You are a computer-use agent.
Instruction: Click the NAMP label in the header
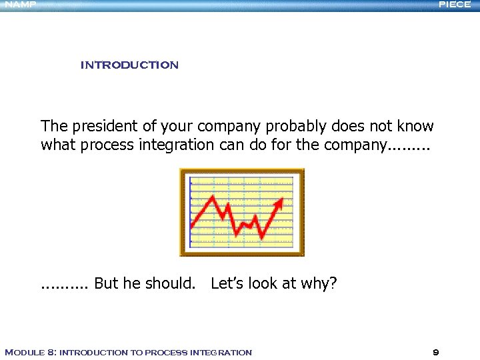pos(21,5)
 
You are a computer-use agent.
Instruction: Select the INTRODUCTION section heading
pos(129,65)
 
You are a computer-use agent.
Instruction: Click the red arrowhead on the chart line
pos(287,200)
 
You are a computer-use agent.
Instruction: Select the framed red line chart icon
pos(242,212)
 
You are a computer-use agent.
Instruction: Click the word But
pos(107,283)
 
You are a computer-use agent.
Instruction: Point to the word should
pos(170,283)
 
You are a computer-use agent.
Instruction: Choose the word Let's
pos(227,283)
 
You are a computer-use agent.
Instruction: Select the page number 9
pos(435,352)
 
